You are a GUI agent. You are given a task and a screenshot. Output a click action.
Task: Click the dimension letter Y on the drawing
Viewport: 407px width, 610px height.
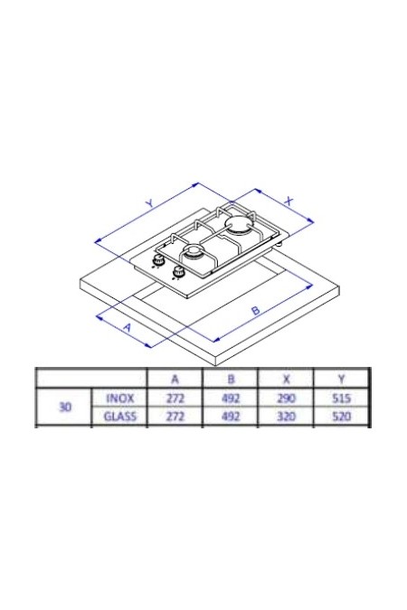click(150, 205)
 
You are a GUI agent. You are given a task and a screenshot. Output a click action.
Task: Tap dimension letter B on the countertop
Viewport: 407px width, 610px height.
click(256, 311)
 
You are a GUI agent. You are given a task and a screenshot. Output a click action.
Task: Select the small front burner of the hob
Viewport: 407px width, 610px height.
click(194, 251)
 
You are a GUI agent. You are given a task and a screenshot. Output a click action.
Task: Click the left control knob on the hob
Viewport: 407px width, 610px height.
click(159, 261)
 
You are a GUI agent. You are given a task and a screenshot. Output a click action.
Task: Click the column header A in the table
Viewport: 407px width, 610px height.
click(175, 378)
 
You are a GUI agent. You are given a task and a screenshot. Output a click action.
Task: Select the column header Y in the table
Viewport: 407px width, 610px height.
click(341, 378)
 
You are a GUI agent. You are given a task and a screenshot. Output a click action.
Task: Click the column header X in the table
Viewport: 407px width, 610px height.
click(286, 378)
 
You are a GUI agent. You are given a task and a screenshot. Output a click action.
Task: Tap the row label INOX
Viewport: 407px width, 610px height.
click(120, 398)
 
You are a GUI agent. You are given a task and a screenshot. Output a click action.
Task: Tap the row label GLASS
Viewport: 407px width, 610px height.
click(120, 417)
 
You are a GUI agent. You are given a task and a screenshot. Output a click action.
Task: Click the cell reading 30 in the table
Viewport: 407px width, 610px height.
click(64, 407)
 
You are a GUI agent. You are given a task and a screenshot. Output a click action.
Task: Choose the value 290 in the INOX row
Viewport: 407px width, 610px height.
click(286, 398)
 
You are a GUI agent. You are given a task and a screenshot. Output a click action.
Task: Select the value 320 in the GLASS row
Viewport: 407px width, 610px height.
click(286, 417)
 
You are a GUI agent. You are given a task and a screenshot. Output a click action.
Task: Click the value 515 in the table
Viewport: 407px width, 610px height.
click(341, 398)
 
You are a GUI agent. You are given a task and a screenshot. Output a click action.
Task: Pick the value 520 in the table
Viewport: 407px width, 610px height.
click(341, 417)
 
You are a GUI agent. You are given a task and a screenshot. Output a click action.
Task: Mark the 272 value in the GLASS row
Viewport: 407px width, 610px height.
click(175, 417)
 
